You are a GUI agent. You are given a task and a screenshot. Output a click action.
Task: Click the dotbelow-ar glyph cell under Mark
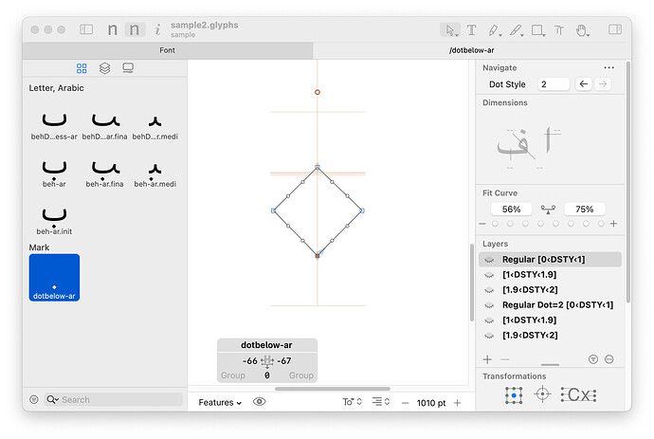click(54, 278)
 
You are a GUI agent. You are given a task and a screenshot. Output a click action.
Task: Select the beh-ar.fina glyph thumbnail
click(104, 171)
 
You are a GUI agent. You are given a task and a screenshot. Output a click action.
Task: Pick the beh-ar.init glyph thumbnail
click(54, 218)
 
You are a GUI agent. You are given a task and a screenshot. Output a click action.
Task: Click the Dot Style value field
click(554, 84)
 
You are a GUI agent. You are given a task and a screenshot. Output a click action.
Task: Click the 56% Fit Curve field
click(512, 209)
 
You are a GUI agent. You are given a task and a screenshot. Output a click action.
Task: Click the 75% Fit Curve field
click(585, 209)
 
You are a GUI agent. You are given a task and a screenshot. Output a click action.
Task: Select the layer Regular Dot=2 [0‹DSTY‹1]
click(557, 305)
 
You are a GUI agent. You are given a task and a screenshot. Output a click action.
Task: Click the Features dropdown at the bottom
click(220, 403)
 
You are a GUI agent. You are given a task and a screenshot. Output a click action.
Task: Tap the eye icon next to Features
click(260, 402)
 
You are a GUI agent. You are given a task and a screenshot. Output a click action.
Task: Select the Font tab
click(167, 50)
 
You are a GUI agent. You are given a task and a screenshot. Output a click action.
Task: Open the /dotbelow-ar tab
click(472, 50)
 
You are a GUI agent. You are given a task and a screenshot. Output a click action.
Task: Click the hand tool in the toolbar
click(582, 30)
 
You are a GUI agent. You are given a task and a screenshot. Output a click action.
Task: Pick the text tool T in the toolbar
click(472, 30)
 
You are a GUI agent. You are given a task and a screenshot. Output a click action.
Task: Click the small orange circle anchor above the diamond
click(318, 92)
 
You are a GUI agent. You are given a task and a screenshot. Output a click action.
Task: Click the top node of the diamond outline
click(318, 167)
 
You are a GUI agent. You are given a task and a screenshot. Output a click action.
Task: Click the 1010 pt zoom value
click(431, 403)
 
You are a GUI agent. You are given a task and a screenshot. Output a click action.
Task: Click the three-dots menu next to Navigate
click(609, 67)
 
